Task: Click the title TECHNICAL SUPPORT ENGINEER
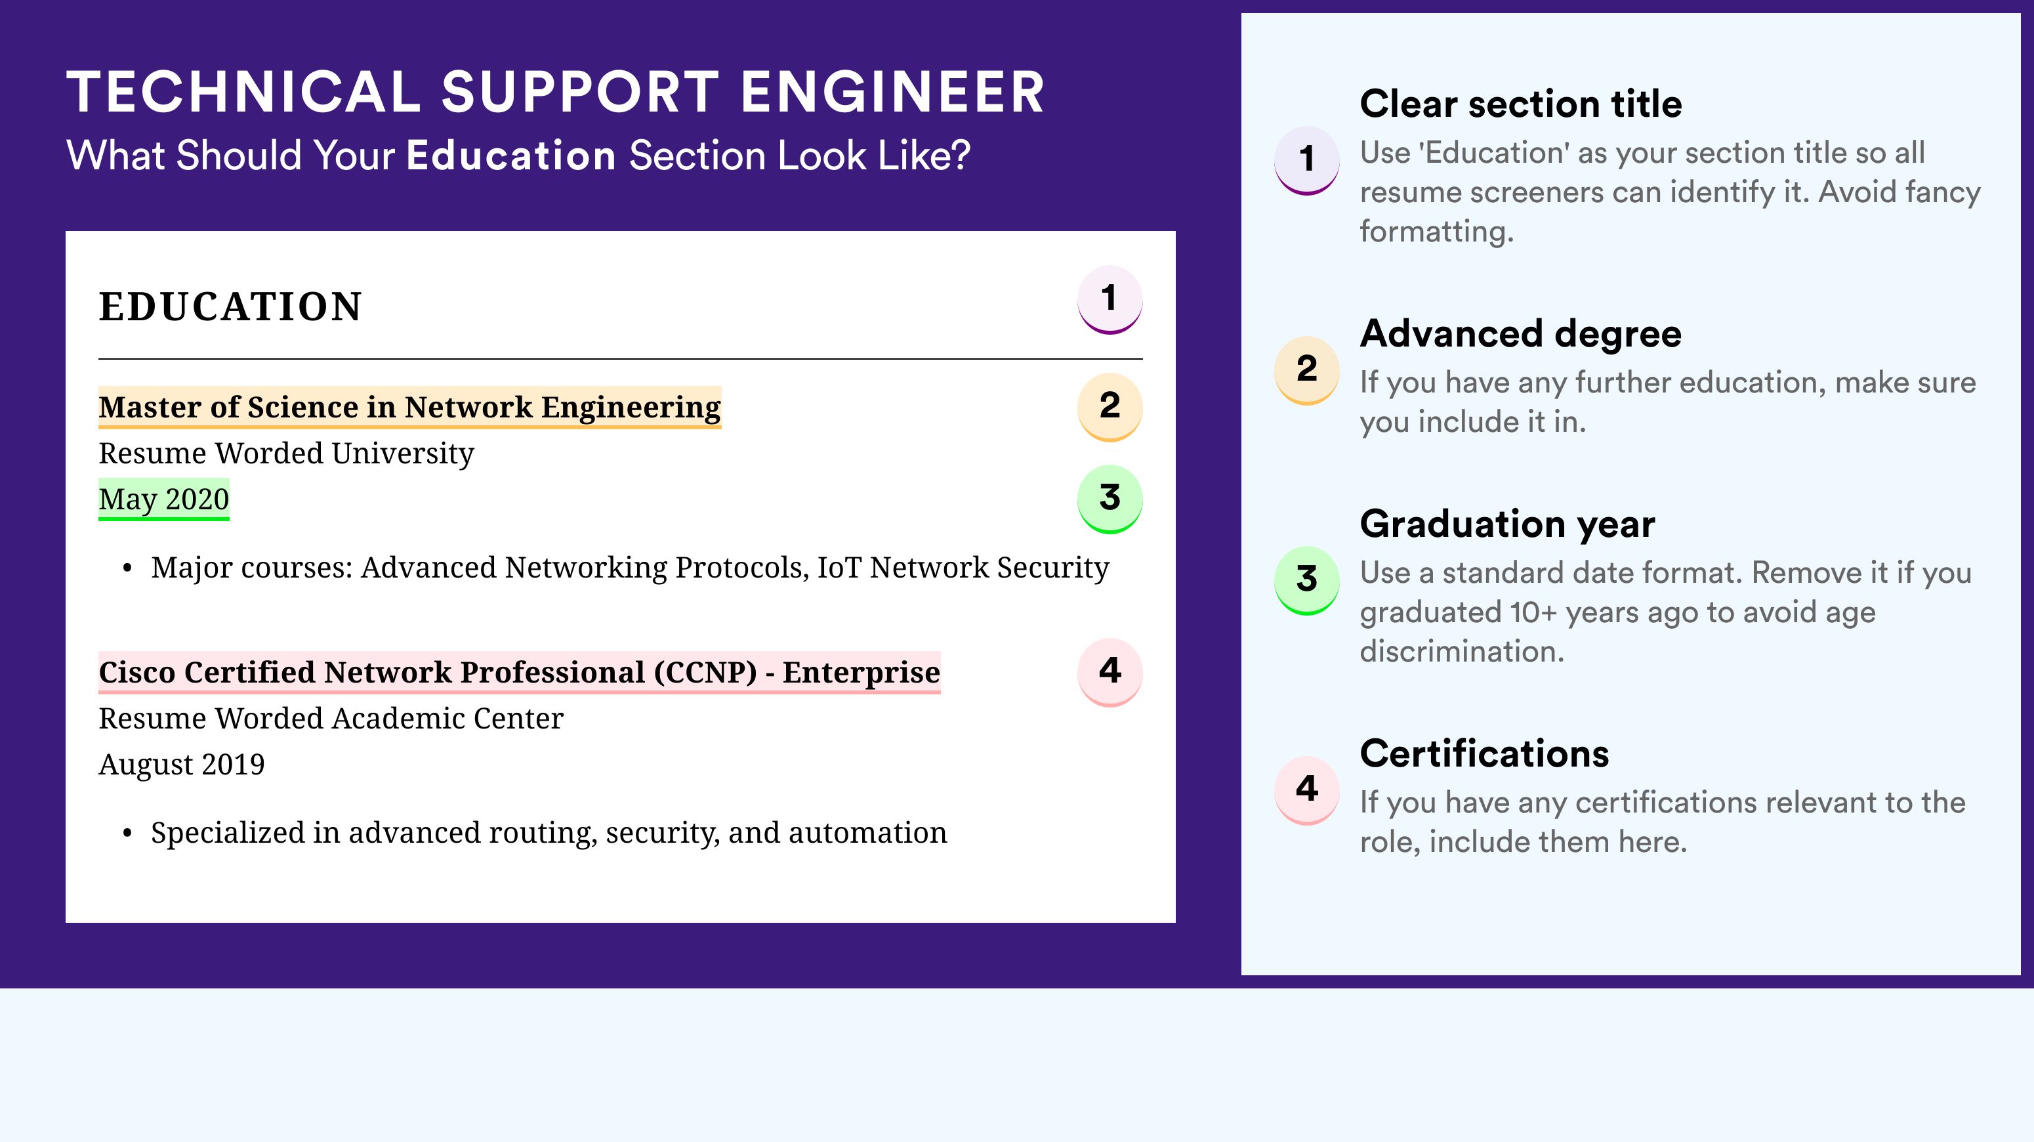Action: [x=555, y=92]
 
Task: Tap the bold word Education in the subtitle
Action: [x=511, y=155]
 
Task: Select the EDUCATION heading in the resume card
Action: [x=230, y=307]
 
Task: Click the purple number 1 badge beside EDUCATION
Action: [x=1110, y=299]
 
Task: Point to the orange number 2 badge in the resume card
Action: [x=1110, y=407]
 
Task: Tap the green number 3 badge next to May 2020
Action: [x=1110, y=499]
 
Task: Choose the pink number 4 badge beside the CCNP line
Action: [x=1110, y=672]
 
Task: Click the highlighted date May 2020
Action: [x=163, y=499]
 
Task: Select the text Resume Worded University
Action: [x=286, y=454]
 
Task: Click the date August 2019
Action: [x=182, y=765]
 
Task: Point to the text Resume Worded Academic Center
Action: [x=331, y=718]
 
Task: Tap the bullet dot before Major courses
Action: [x=127, y=570]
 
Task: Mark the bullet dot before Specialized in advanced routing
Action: [x=127, y=835]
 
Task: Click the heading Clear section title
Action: [x=1521, y=104]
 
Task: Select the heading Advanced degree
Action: [x=1521, y=334]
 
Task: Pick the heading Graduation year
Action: [x=1507, y=524]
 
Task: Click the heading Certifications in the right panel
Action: [x=1484, y=753]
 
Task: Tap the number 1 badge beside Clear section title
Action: [x=1307, y=160]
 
